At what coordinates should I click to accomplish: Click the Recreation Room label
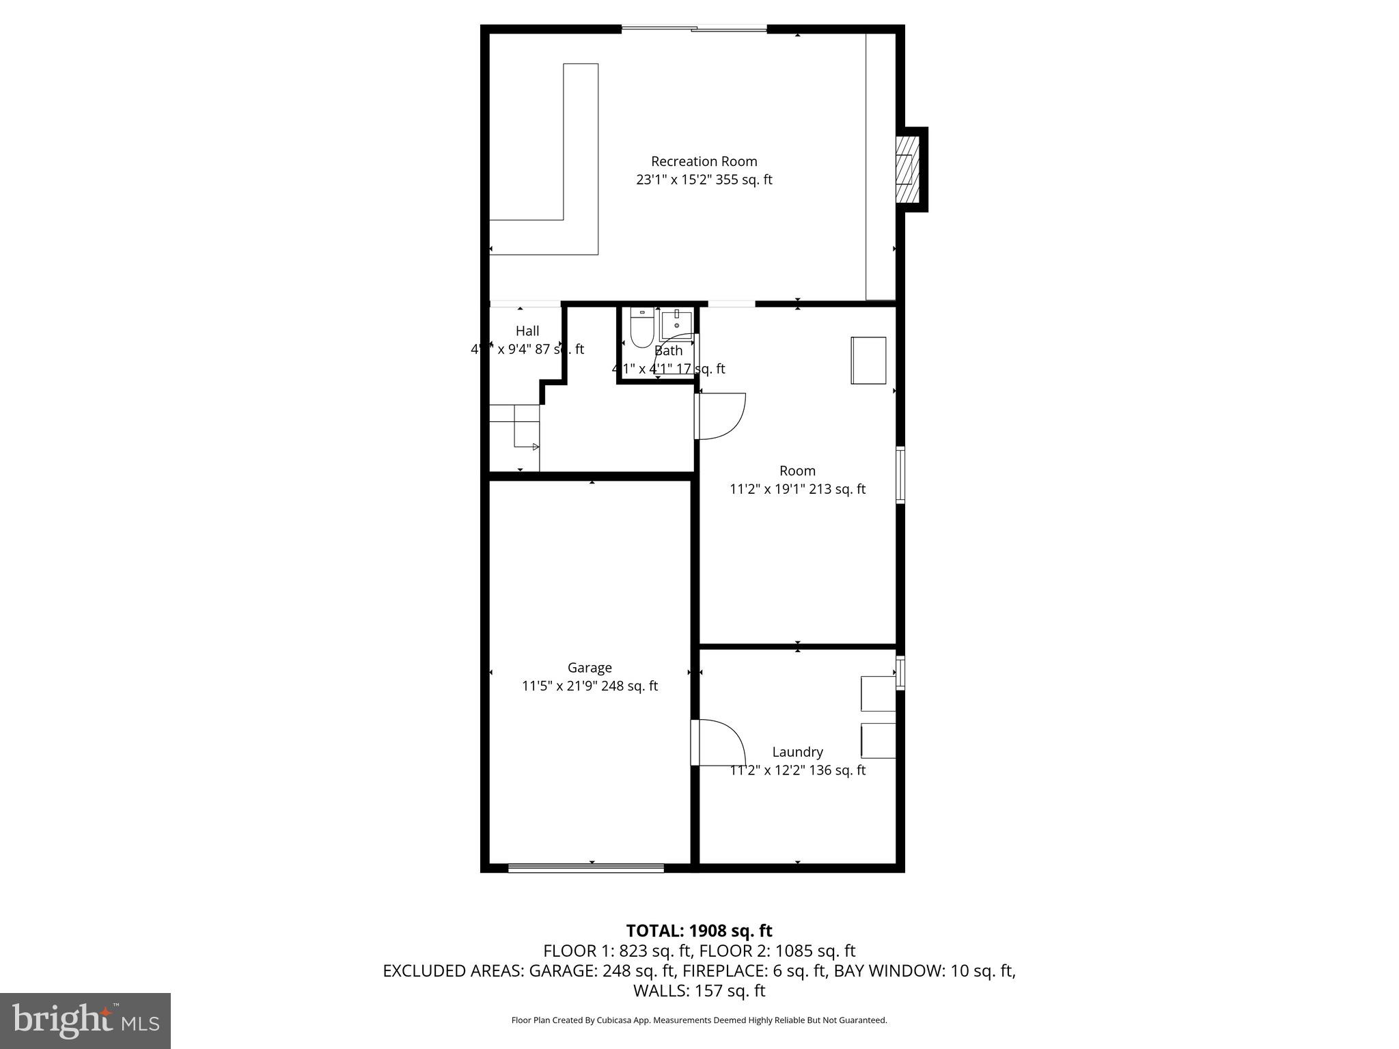704,162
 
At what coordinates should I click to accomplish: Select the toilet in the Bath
641,329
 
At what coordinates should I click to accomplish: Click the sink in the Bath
676,324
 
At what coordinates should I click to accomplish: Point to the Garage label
590,668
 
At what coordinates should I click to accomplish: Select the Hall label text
527,331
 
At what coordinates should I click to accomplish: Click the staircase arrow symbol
535,447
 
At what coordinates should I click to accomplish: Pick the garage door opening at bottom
586,868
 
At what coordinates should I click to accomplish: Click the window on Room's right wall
900,475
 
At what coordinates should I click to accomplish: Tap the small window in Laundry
900,673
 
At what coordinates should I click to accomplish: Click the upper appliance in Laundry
878,694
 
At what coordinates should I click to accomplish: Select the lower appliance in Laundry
878,740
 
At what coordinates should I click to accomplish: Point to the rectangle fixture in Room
868,361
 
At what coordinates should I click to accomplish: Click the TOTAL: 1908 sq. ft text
699,931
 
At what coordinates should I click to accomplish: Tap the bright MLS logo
85,1020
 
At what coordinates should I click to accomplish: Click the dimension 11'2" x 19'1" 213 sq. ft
797,489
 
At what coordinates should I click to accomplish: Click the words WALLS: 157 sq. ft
699,990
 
